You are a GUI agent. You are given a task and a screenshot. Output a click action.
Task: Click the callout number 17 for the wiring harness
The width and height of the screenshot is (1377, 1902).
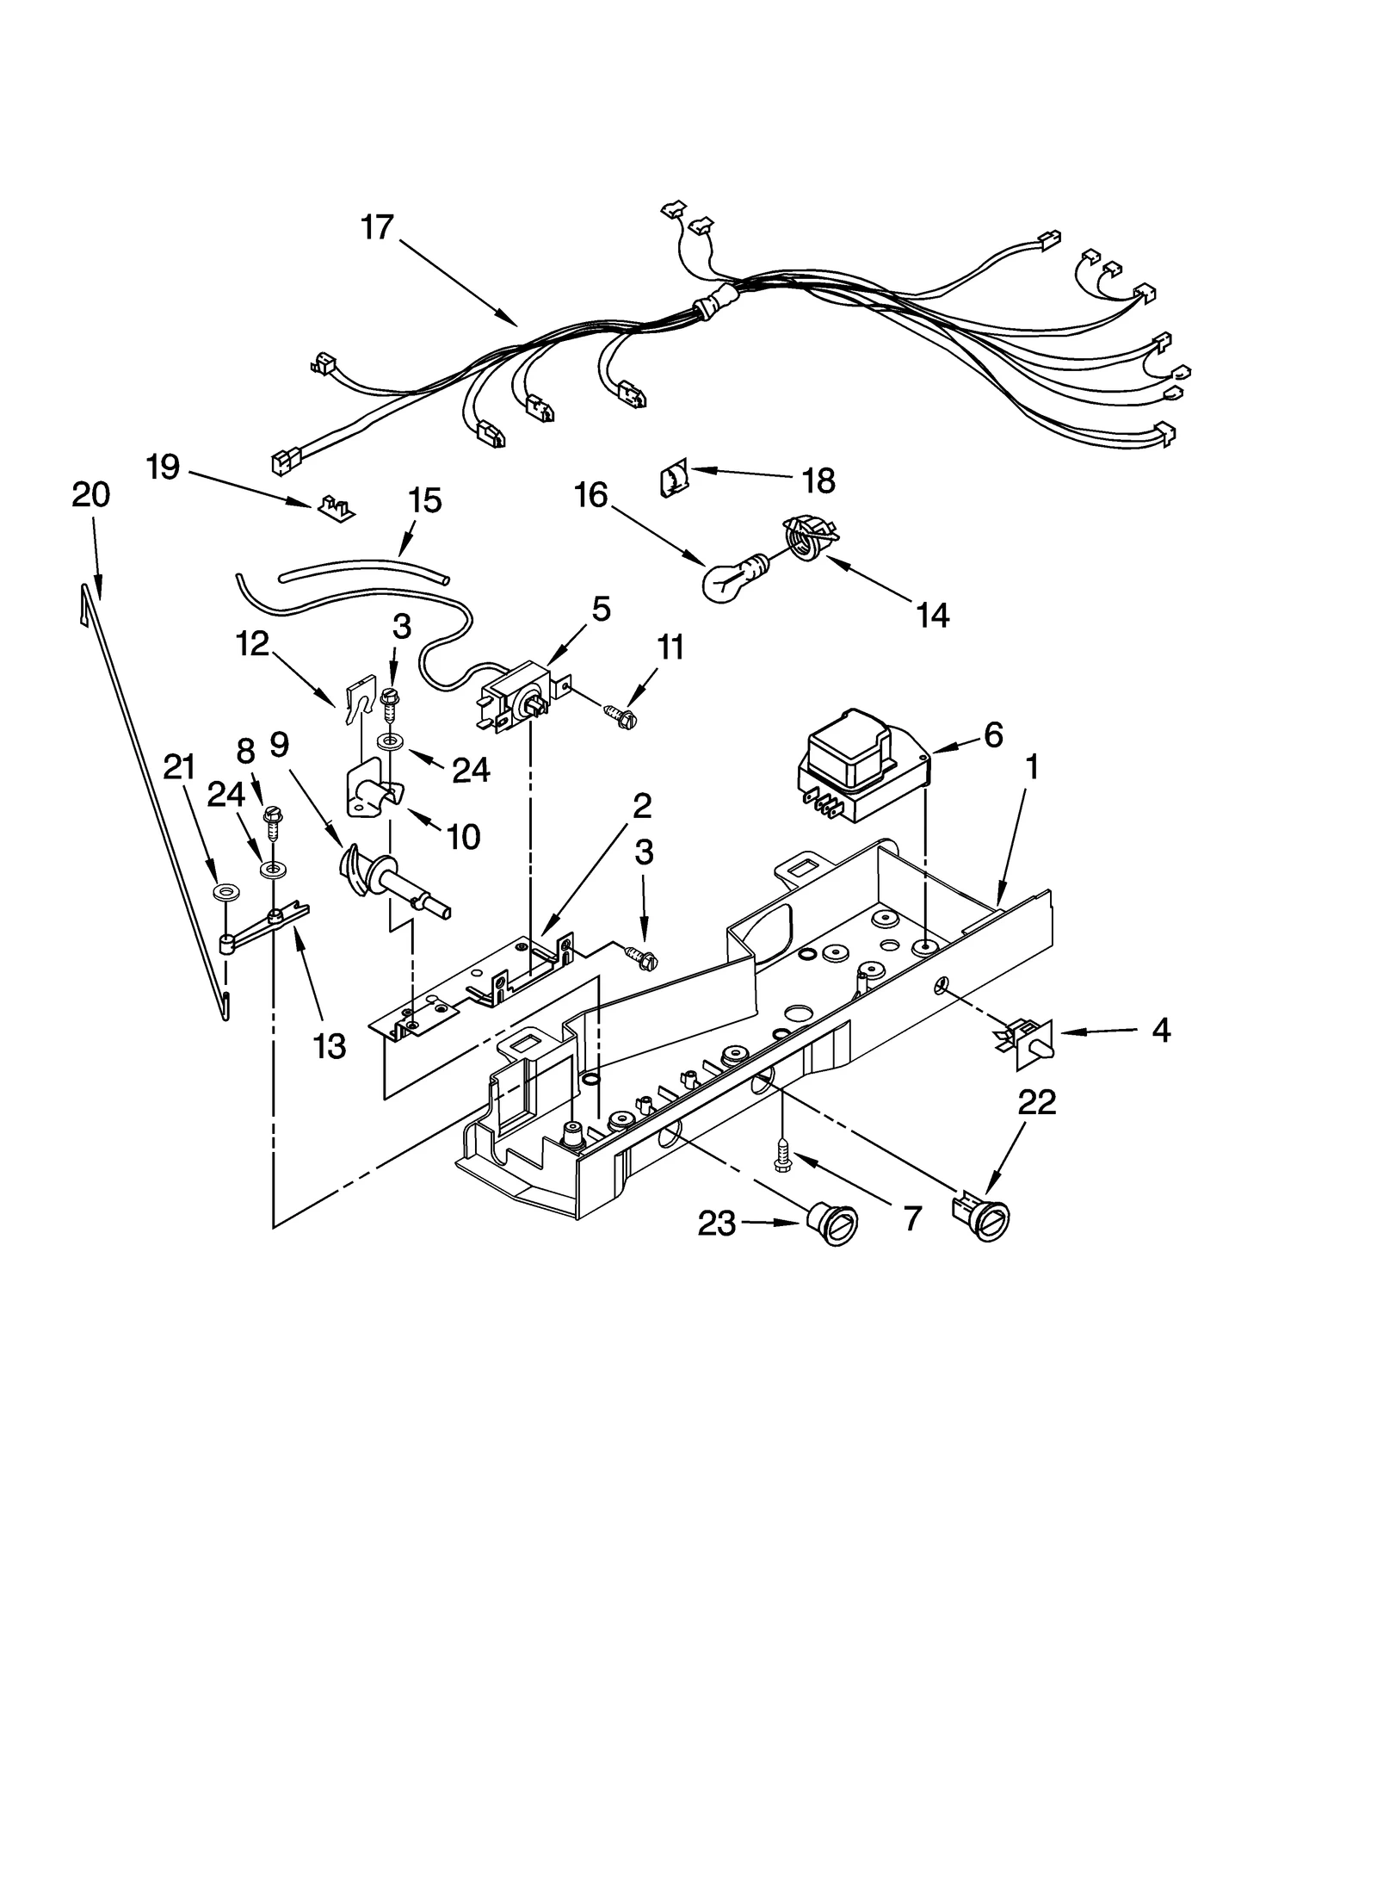click(377, 227)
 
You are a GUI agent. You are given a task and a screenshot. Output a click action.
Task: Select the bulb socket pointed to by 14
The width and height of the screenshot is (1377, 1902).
click(806, 539)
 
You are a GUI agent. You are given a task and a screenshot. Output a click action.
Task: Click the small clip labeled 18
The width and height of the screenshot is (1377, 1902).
click(674, 479)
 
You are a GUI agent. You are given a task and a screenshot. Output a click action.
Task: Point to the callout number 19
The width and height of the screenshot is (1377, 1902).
click(163, 468)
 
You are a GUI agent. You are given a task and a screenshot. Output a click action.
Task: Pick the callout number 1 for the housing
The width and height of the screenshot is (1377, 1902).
click(1031, 766)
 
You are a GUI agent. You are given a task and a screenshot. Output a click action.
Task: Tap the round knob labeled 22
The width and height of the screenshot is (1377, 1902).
click(981, 1216)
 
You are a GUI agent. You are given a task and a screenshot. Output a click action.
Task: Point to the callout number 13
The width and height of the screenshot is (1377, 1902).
click(330, 1045)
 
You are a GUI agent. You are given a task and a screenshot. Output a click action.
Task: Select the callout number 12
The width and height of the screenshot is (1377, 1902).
click(253, 643)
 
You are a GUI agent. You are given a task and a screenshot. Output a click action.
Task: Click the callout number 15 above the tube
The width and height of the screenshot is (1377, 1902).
click(425, 500)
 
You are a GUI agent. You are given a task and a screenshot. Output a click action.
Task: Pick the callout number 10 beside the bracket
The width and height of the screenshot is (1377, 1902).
click(464, 834)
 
